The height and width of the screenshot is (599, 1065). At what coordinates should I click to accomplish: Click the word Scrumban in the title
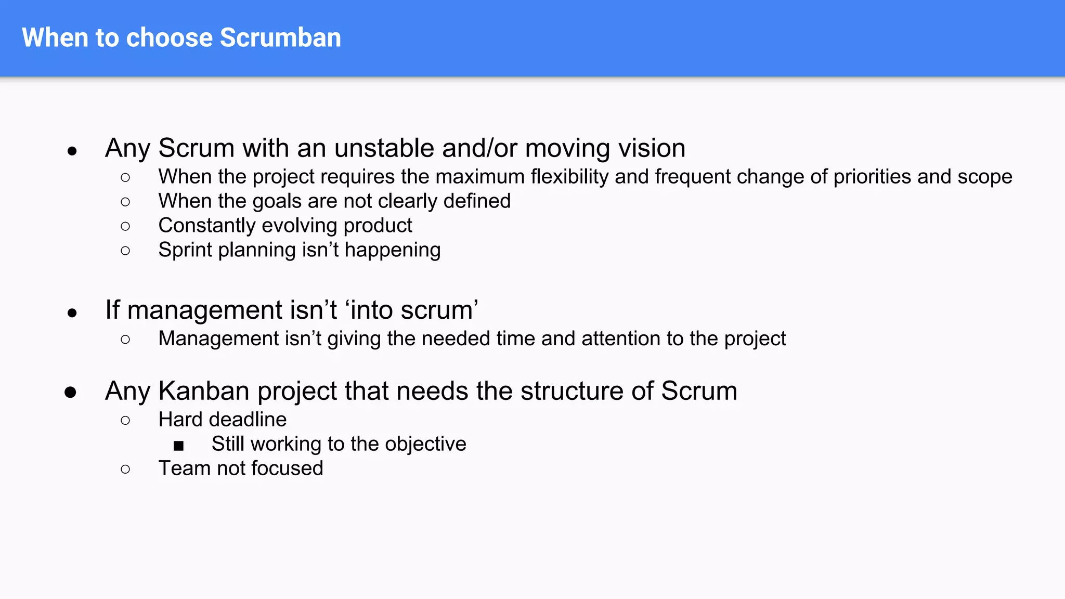280,37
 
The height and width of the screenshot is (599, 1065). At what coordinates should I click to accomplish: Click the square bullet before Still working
179,446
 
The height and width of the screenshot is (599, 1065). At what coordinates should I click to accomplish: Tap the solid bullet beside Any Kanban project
71,392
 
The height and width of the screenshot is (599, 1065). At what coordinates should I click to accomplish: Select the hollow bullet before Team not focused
125,469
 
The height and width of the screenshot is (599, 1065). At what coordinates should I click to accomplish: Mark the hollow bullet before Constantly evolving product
125,226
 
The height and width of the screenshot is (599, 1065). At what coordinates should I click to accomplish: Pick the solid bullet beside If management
72,312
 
